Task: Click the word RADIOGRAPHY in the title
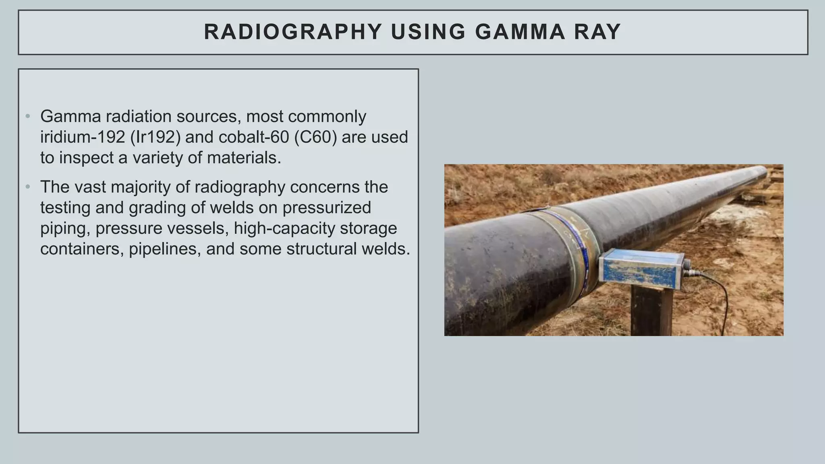[x=293, y=32]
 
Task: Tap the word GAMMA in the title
[x=520, y=32]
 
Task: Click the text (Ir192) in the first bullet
[x=155, y=137]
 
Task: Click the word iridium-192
[x=83, y=137]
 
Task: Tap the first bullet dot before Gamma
[x=28, y=117]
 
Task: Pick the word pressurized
[x=326, y=208]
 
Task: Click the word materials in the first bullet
[x=244, y=157]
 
